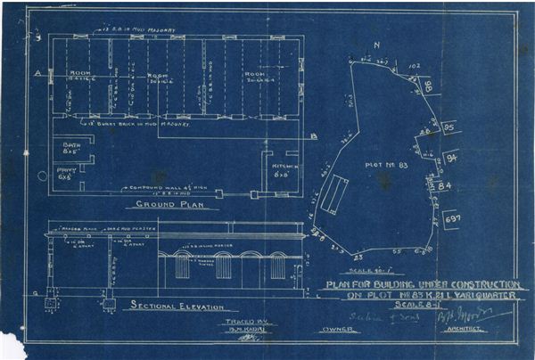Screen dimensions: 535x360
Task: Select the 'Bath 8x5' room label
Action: tap(70, 147)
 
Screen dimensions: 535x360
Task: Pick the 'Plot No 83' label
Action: tap(383, 165)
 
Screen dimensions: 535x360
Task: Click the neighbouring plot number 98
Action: tap(425, 86)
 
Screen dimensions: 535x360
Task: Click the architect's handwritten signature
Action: tap(487, 315)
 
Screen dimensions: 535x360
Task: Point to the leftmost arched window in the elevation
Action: tap(182, 266)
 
